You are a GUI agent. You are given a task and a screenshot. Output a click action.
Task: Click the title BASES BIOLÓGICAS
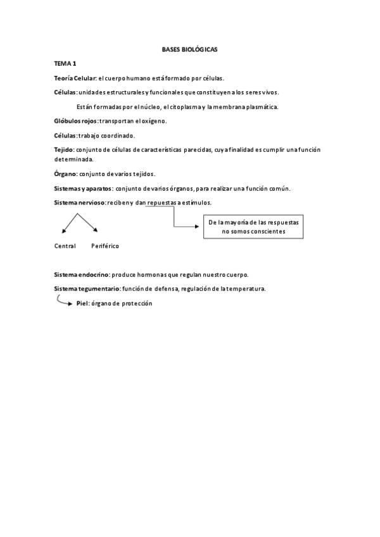tap(190, 48)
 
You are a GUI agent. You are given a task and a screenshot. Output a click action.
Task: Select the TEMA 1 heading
tap(65, 63)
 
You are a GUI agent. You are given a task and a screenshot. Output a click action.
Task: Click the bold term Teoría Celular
tap(75, 78)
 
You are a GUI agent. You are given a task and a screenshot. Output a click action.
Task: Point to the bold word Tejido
tap(64, 150)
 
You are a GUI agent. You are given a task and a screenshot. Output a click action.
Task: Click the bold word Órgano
tap(66, 174)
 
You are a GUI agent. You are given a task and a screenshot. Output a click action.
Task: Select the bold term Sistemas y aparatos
tap(83, 189)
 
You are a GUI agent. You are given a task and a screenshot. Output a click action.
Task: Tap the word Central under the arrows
tap(65, 246)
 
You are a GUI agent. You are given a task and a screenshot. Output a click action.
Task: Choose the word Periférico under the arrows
tap(104, 246)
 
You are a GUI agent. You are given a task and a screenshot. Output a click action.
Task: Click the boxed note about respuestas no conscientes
tap(253, 227)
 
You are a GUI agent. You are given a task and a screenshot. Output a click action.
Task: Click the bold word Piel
tap(82, 303)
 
